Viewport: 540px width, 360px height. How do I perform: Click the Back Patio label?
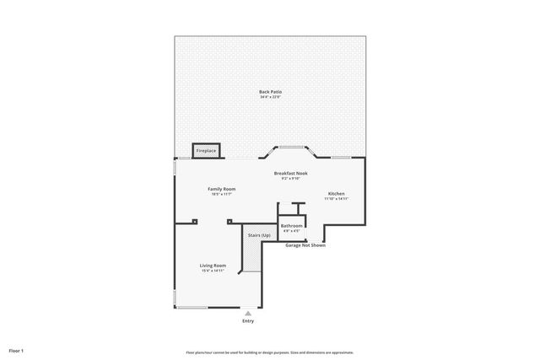pos(270,91)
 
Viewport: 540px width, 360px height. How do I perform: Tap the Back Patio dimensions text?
pos(270,98)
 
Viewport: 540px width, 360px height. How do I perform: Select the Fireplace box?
pos(206,151)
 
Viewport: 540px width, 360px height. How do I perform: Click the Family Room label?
pos(221,189)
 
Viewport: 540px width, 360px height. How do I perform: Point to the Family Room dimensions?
pos(221,195)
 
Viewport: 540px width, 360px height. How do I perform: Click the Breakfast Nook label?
pos(290,173)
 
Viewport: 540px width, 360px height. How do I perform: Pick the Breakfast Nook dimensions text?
pos(290,179)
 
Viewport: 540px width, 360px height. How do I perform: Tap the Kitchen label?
pos(336,193)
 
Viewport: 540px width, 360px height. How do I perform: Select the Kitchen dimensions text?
pos(336,199)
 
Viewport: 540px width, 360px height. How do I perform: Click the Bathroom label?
pos(292,225)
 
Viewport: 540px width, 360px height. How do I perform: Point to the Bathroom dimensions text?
pos(292,231)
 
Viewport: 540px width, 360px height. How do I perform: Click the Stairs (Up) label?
pos(259,235)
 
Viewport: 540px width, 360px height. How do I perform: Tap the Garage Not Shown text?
pos(305,245)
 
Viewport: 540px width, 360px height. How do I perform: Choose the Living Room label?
pos(213,265)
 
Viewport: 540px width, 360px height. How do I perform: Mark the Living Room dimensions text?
pos(213,271)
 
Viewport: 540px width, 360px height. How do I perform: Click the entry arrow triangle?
pos(248,313)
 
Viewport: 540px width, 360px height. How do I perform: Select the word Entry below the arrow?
pos(248,321)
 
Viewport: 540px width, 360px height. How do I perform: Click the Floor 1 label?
pos(16,350)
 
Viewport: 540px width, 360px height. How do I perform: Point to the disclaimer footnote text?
pos(270,352)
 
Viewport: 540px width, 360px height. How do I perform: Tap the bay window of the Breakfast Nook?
pos(291,148)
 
